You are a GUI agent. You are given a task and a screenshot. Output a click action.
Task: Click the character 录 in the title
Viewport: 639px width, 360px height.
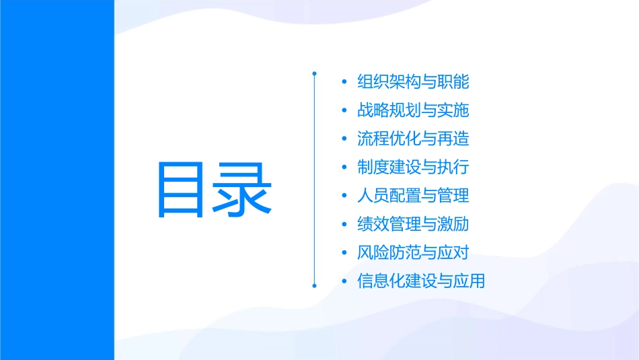tap(243, 188)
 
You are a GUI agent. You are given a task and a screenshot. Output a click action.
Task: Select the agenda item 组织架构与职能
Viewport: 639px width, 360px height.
tap(413, 82)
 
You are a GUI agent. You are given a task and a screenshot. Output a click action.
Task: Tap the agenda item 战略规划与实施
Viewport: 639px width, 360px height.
tap(413, 110)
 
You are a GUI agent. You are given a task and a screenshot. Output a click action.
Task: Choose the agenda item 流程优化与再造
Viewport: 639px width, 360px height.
tap(413, 139)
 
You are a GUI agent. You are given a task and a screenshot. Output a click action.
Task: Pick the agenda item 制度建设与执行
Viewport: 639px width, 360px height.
tap(413, 167)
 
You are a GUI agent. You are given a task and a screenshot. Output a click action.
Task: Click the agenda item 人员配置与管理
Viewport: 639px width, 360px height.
tap(413, 196)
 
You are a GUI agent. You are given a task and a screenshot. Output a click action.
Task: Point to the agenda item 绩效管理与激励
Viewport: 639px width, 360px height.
tap(413, 224)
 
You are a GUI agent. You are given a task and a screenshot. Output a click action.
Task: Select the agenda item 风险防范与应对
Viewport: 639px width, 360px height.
tap(413, 252)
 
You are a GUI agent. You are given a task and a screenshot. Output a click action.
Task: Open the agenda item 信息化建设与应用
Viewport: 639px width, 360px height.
tap(421, 281)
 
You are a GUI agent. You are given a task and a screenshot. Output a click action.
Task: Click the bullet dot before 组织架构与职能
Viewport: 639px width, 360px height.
tap(345, 83)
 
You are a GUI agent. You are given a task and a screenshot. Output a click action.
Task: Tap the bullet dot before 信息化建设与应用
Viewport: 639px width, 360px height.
tap(345, 281)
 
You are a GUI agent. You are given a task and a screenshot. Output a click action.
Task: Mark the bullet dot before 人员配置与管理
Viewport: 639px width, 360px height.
tap(345, 196)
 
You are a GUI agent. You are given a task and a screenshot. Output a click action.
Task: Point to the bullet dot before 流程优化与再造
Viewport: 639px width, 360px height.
tap(345, 139)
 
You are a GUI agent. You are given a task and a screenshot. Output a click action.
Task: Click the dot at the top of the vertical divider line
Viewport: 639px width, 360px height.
tap(314, 72)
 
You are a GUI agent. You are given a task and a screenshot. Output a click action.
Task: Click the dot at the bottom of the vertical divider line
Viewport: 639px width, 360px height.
tap(314, 285)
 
